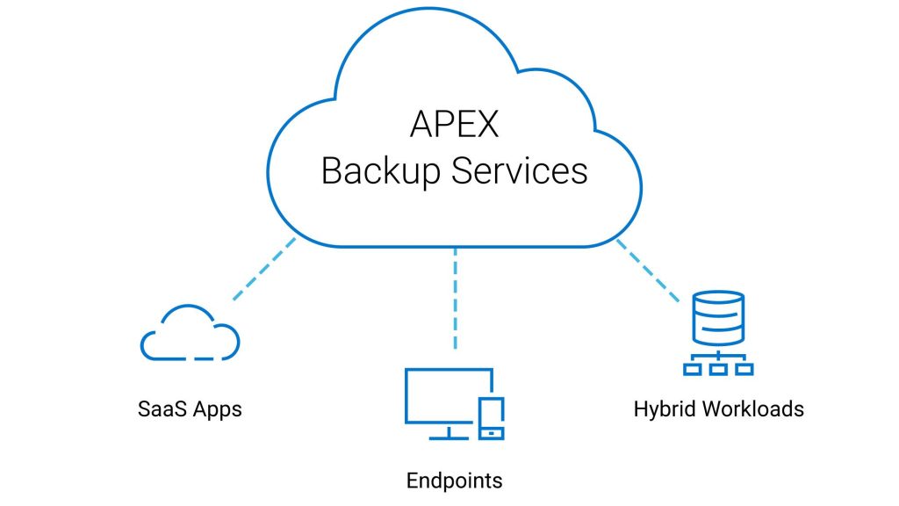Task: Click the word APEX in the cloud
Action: (454, 124)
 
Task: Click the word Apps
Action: (217, 410)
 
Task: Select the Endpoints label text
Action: (454, 481)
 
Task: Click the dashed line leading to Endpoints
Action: (455, 299)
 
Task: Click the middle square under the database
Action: (718, 369)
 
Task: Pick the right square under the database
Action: (744, 369)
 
